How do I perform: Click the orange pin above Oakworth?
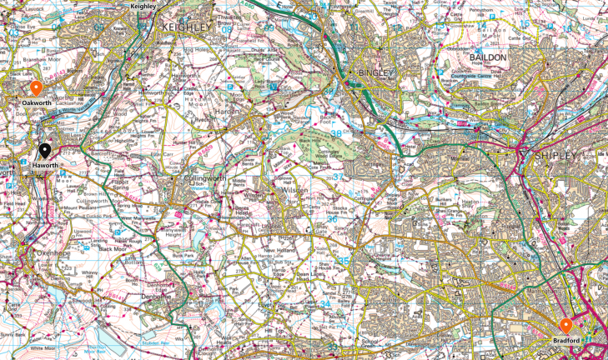tap(35, 89)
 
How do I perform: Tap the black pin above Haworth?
tap(45, 151)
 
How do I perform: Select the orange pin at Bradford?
tap(565, 326)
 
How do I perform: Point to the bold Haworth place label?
tap(45, 165)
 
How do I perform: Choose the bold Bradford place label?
tap(566, 341)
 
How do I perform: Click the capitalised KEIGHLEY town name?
tap(184, 27)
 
